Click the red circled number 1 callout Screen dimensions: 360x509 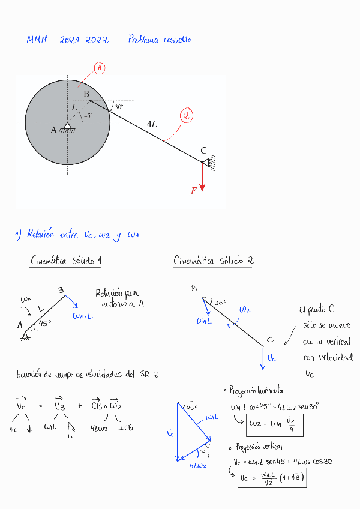(100, 69)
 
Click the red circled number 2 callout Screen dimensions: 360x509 (187, 116)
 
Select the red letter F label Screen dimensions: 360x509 (194, 191)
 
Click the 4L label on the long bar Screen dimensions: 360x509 (152, 124)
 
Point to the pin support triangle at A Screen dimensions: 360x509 (68, 127)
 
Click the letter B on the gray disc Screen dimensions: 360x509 (86, 94)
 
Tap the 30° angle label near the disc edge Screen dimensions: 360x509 (119, 106)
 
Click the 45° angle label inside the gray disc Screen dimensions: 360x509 (88, 116)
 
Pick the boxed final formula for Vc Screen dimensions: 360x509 (275, 477)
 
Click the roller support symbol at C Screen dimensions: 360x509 (208, 161)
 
